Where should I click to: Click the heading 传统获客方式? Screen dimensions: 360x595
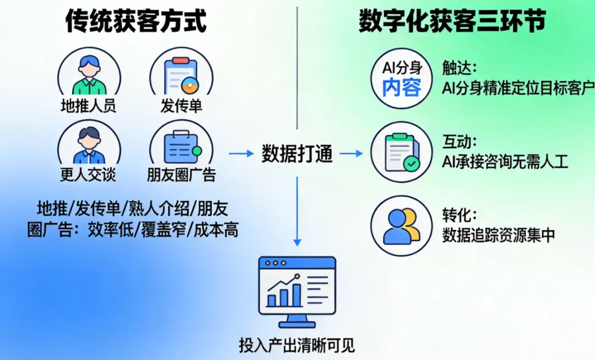pyautogui.click(x=136, y=22)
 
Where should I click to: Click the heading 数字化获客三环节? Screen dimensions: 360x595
pyautogui.click(x=452, y=22)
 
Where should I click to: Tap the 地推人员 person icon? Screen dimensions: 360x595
pyautogui.click(x=89, y=76)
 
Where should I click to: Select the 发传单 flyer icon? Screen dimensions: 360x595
pyautogui.click(x=181, y=76)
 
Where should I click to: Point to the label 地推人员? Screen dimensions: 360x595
pyautogui.click(x=89, y=106)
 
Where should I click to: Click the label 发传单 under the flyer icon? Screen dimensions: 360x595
pyautogui.click(x=181, y=106)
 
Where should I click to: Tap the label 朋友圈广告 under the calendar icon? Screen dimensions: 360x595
pyautogui.click(x=181, y=175)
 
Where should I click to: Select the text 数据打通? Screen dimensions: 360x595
pyautogui.click(x=297, y=154)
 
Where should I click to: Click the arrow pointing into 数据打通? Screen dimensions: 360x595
pyautogui.click(x=241, y=154)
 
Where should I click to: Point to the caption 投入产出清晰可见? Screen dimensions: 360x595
pyautogui.click(x=297, y=346)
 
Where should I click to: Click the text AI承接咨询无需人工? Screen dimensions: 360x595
pyautogui.click(x=505, y=162)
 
